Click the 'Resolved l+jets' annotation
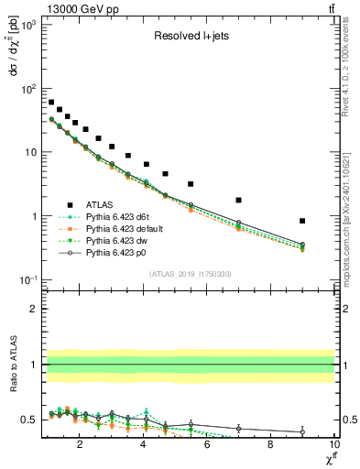coord(190,38)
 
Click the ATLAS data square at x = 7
coord(238,200)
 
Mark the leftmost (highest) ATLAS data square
coord(51,102)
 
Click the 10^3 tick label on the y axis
coord(27,25)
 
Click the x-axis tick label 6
coord(207,445)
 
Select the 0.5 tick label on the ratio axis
coord(29,420)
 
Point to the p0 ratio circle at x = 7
coord(238,428)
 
